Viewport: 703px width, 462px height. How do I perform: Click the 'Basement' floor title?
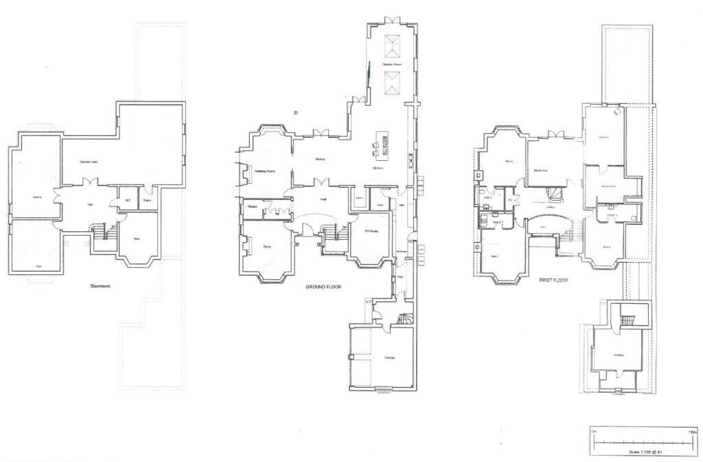click(x=101, y=286)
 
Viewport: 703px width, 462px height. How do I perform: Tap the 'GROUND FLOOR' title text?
click(x=323, y=287)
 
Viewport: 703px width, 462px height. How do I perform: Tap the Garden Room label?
click(x=392, y=65)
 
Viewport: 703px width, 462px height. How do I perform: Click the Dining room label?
click(x=319, y=159)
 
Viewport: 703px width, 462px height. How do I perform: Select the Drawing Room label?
click(x=264, y=171)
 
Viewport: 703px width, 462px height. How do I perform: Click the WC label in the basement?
click(x=127, y=201)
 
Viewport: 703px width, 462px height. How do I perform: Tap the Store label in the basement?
click(x=146, y=201)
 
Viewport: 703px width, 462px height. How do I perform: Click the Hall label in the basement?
click(x=89, y=204)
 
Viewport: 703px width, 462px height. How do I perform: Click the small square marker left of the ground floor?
click(x=295, y=111)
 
